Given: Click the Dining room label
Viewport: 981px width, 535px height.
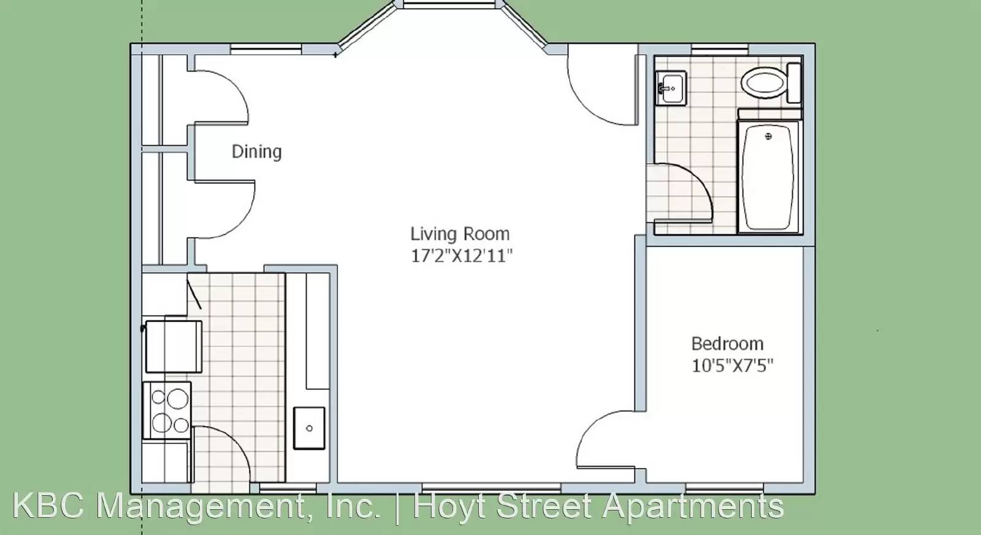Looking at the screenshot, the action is coord(257,152).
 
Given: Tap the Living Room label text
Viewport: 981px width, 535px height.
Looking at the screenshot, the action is coord(460,233).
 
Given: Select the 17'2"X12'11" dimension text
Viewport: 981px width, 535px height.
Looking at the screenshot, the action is coord(462,256).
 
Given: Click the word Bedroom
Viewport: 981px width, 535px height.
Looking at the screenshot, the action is coord(727,344).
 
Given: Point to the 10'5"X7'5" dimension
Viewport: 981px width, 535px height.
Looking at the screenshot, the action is coord(732,365).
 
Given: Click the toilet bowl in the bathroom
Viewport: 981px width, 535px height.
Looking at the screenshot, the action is coord(763,82).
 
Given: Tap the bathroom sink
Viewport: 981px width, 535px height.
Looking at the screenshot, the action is coord(671,88).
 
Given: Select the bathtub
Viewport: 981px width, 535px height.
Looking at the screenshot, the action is coord(769,176).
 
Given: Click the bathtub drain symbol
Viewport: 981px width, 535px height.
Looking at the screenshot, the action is coord(768,137).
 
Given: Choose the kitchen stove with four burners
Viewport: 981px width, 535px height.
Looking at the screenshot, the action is coord(167,410).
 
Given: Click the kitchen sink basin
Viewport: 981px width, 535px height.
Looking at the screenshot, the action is coord(309,428).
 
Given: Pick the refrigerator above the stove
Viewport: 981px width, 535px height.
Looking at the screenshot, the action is coord(174,347).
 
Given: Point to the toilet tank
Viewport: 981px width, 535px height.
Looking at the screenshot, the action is coord(794,83).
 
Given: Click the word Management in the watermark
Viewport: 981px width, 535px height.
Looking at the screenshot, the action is coord(239,507).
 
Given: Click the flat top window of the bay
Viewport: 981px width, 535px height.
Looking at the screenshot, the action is coord(448,4).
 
